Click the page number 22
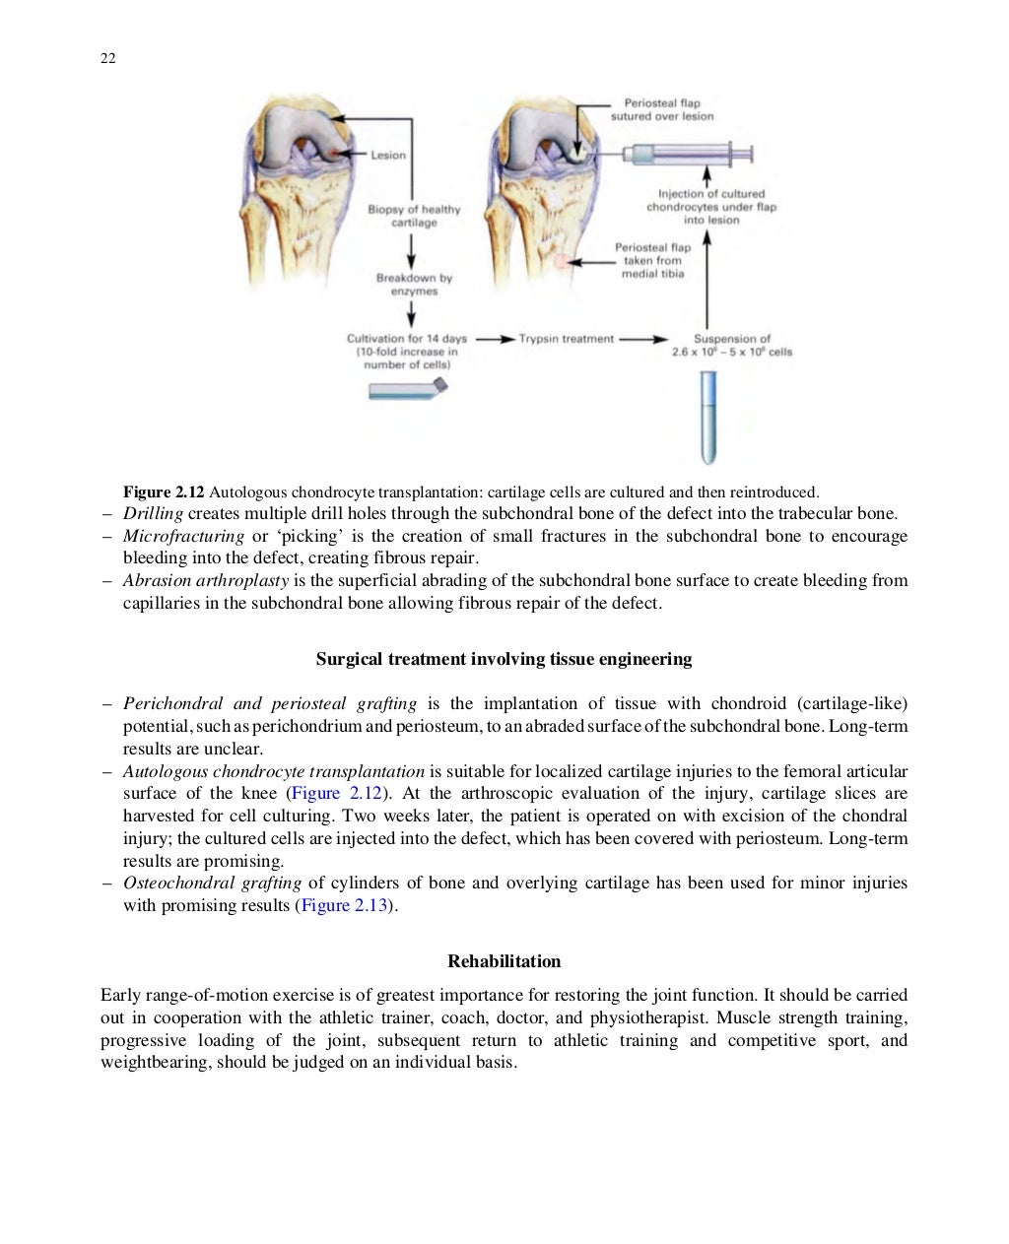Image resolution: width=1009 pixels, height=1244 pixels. pyautogui.click(x=108, y=59)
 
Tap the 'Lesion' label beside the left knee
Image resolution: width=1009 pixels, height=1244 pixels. pyautogui.click(x=388, y=155)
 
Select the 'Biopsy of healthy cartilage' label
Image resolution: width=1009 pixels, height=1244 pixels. pyautogui.click(x=414, y=216)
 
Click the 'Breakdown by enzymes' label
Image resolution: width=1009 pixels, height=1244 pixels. pyautogui.click(x=414, y=285)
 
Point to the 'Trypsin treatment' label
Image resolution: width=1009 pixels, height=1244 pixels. pyautogui.click(x=566, y=339)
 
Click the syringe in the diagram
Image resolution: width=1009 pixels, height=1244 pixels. pyautogui.click(x=690, y=154)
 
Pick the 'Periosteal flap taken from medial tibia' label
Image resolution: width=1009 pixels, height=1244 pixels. pyautogui.click(x=652, y=260)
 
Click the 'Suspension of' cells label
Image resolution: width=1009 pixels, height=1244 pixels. pyautogui.click(x=732, y=339)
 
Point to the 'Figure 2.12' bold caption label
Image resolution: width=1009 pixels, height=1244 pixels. pyautogui.click(x=164, y=491)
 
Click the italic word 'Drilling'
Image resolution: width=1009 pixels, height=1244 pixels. pyautogui.click(x=153, y=513)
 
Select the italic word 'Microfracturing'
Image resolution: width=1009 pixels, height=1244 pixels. pyautogui.click(x=183, y=536)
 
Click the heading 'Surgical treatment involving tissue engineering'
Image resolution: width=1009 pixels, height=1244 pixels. pyautogui.click(x=504, y=659)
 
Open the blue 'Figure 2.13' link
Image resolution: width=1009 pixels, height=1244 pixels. pyautogui.click(x=345, y=905)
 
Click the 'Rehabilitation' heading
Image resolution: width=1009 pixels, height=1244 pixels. pyautogui.click(x=504, y=960)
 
